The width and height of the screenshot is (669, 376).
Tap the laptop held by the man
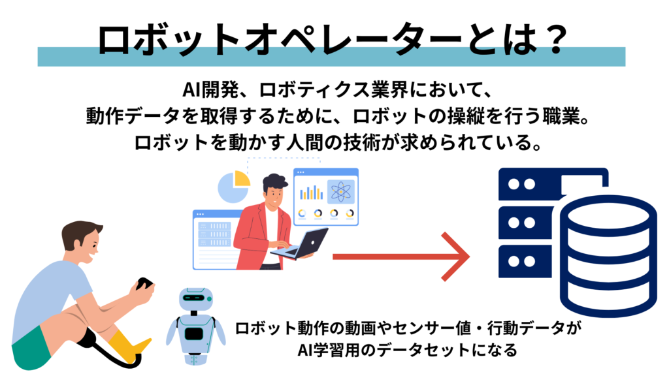pos(307,243)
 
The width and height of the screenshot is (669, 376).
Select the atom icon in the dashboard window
pos(340,192)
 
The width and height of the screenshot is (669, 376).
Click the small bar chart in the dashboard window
pos(312,192)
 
